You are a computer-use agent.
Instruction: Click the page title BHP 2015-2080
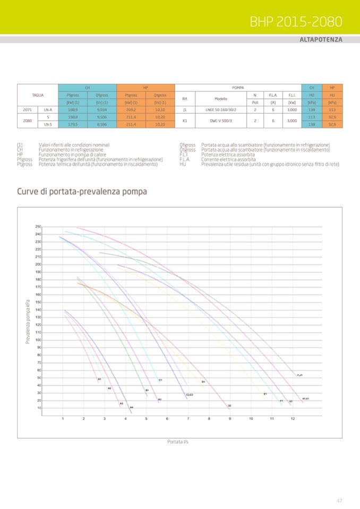click(x=296, y=21)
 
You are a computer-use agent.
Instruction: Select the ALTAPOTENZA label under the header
click(x=321, y=40)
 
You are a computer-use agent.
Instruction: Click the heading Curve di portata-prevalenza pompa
click(x=82, y=191)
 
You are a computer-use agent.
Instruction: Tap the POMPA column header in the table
click(x=238, y=87)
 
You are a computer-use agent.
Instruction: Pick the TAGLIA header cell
click(x=38, y=95)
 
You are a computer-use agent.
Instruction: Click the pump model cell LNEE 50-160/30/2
click(x=220, y=110)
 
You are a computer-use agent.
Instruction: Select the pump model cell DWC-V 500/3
click(x=220, y=120)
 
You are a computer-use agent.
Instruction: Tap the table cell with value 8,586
click(x=102, y=124)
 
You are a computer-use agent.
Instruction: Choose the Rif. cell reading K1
click(x=185, y=120)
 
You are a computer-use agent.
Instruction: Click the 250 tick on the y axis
click(x=53, y=227)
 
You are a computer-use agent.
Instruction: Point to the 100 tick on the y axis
click(x=53, y=340)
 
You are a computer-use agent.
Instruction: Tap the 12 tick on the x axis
click(x=293, y=419)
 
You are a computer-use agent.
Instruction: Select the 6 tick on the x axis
click(x=167, y=419)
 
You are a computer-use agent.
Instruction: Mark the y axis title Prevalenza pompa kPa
click(x=28, y=322)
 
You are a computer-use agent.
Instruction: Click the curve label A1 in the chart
click(x=99, y=379)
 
